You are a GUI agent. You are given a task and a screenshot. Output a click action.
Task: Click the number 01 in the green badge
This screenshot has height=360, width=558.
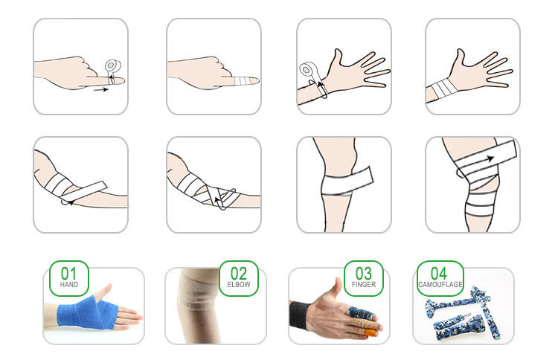click(x=68, y=274)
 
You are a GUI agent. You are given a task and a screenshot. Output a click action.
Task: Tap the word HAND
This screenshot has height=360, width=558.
click(x=69, y=285)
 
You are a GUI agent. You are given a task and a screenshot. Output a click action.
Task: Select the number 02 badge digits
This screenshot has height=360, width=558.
click(x=238, y=274)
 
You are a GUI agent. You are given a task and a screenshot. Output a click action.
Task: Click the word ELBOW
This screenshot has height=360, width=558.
click(x=239, y=285)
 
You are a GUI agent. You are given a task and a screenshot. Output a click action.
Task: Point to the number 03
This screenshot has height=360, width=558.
click(x=364, y=274)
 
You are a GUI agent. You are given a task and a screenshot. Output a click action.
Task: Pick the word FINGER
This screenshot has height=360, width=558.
click(x=364, y=285)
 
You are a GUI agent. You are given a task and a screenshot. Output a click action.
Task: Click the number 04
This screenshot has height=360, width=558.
click(x=439, y=274)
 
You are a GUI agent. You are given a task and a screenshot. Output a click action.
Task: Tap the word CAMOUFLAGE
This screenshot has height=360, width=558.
click(x=440, y=285)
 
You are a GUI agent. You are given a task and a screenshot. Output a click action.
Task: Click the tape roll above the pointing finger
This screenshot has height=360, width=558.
click(x=113, y=65)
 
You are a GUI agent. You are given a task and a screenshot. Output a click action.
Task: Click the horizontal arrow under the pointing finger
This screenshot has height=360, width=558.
click(x=100, y=90)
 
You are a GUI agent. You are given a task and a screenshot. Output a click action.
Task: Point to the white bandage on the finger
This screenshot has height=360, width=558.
click(x=243, y=81)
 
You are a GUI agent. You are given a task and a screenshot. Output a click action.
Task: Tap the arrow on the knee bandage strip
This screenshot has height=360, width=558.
click(x=490, y=158)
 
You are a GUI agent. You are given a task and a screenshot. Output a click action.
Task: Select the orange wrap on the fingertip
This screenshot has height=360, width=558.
click(x=371, y=332)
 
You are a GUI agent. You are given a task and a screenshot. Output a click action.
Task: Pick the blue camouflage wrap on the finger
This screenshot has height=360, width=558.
click(x=360, y=313)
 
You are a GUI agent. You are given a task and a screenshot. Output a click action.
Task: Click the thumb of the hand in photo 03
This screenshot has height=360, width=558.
click(x=336, y=289)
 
